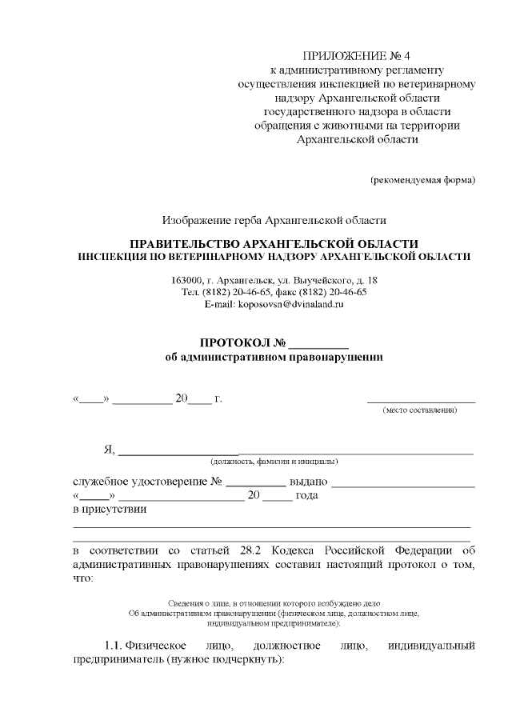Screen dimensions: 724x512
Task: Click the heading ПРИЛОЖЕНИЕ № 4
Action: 357,56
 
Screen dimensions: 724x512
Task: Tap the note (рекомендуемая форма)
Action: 422,179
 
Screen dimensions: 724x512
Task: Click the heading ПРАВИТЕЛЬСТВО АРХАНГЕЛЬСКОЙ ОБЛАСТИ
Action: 274,242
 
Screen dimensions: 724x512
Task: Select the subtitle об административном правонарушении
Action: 274,358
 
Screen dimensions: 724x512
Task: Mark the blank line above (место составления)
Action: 421,401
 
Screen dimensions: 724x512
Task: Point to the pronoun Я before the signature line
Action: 109,450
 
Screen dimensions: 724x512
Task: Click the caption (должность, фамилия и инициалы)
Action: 274,462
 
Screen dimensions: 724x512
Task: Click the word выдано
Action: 307,482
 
